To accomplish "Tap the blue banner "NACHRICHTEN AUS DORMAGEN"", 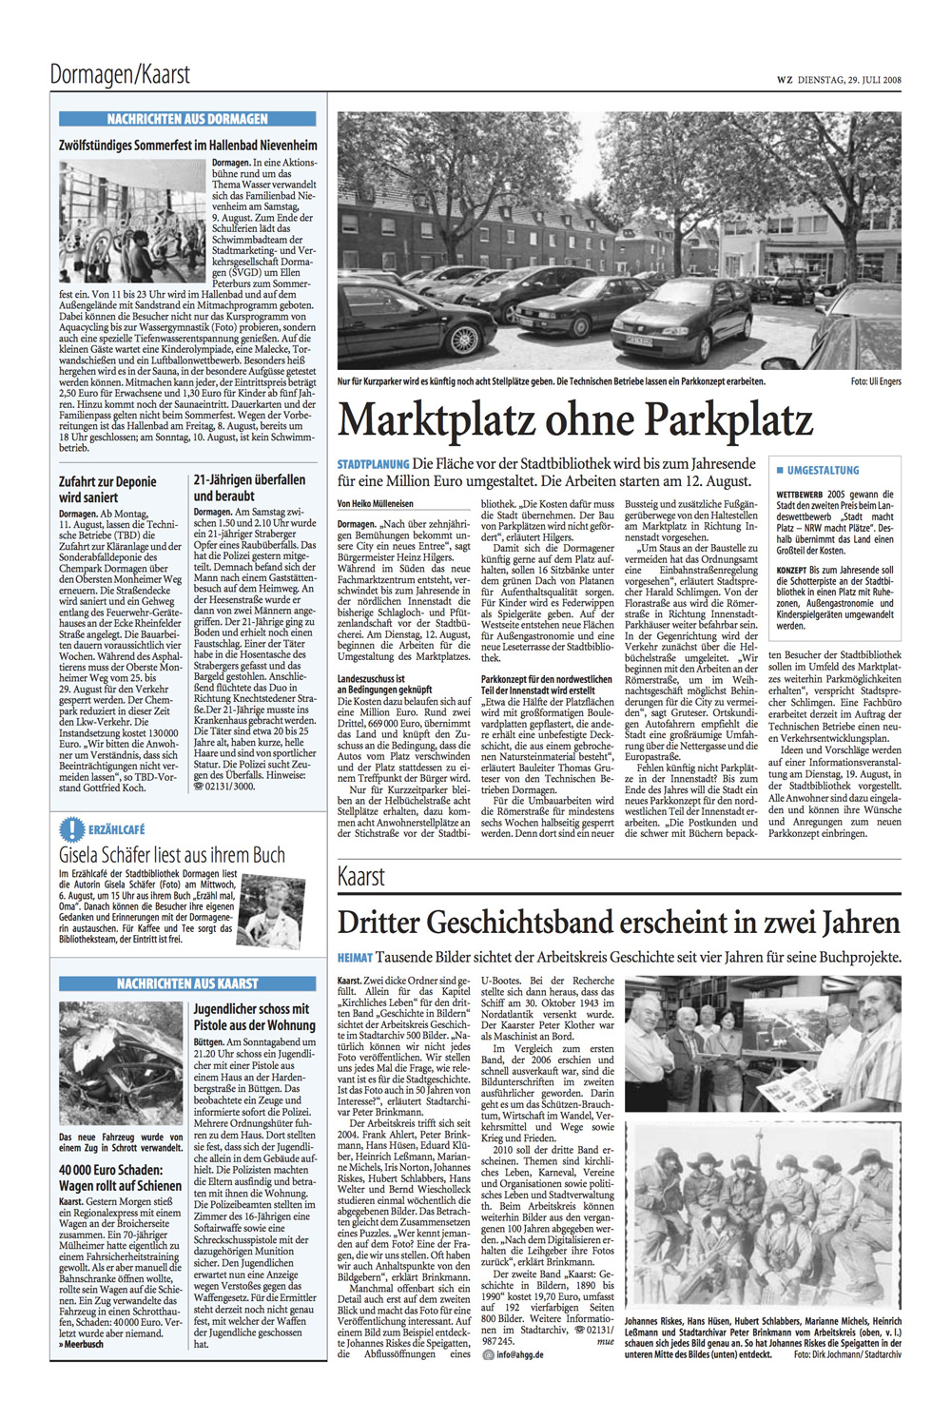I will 187,119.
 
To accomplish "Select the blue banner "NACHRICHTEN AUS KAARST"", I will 187,983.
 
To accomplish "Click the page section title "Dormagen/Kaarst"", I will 120,74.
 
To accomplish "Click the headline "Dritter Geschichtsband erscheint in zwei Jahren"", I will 618,922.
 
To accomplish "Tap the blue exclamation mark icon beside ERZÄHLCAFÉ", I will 71,828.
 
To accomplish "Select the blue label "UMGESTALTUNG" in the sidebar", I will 822,471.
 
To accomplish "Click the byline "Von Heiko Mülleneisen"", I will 375,503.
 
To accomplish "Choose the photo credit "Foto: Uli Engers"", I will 876,381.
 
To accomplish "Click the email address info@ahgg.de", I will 519,1354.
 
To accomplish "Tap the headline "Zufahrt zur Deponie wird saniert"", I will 107,489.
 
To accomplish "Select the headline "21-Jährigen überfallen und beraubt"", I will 249,488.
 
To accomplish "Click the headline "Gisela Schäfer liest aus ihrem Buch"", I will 172,854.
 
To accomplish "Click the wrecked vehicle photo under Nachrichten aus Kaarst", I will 121,1062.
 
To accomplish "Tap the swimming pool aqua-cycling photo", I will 132,221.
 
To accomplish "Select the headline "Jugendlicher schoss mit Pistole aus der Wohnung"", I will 254,1017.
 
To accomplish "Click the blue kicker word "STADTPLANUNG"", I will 373,464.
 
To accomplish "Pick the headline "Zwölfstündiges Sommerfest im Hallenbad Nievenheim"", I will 187,146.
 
